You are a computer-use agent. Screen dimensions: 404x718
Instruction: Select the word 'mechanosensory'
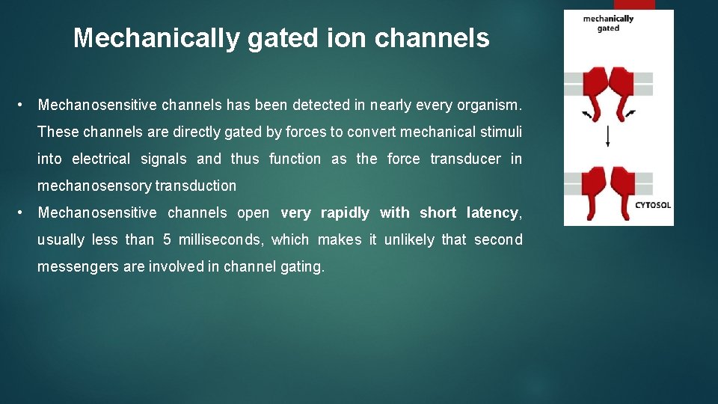pos(94,186)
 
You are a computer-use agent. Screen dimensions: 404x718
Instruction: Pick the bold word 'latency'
pos(492,212)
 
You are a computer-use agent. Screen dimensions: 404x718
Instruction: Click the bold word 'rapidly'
pos(345,212)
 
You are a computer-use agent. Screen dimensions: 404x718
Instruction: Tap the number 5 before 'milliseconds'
pos(167,239)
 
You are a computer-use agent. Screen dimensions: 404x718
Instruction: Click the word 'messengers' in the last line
pos(72,266)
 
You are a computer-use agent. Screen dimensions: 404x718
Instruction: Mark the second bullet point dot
pos(24,212)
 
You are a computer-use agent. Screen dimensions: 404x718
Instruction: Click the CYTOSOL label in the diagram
pos(652,204)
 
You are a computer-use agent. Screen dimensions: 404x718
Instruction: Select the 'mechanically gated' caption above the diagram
pos(608,23)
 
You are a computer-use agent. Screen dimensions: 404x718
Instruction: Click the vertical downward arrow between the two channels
pos(607,136)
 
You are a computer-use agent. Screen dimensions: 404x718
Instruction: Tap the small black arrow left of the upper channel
pos(586,114)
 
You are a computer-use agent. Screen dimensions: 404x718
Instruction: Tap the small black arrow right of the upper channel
pos(630,113)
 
